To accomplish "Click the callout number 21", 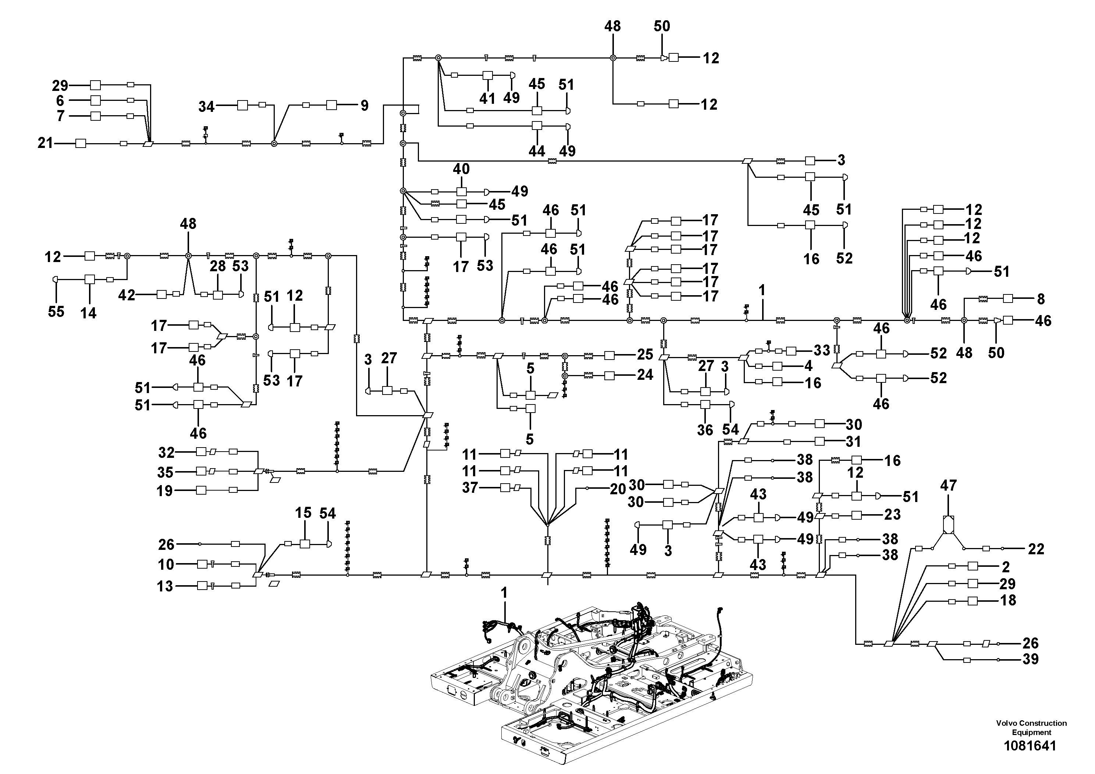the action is (45, 143).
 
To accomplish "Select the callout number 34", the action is (206, 106).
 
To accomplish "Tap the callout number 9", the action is (365, 106).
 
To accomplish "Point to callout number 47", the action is (948, 485).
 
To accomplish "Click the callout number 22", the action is (1036, 549).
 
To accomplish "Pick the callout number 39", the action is (1031, 659).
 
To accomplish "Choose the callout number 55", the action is (56, 312).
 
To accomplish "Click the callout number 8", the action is (1041, 299).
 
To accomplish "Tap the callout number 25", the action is (645, 354).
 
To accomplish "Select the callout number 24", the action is (645, 375).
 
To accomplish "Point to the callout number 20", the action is (618, 489).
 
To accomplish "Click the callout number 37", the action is (470, 488).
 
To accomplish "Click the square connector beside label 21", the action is (81, 143).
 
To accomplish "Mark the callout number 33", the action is (822, 350).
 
